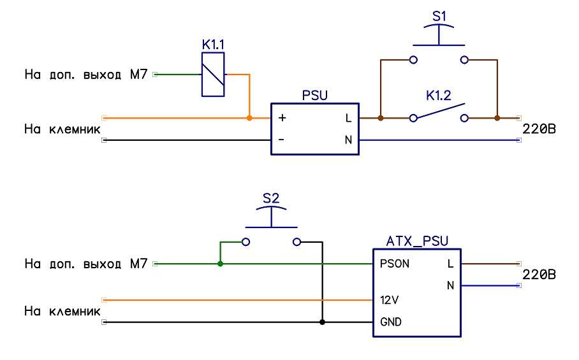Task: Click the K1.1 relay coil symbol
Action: click(x=212, y=75)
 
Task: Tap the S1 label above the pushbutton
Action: click(x=439, y=17)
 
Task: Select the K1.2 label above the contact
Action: click(x=438, y=97)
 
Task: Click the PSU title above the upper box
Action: click(x=315, y=96)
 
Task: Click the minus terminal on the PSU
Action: click(x=282, y=140)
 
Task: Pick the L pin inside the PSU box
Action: click(x=348, y=118)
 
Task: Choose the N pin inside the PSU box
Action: click(x=348, y=140)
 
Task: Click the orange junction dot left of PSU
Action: click(x=249, y=118)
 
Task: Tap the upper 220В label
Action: click(x=539, y=129)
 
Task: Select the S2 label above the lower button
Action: click(x=271, y=198)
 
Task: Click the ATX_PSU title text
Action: click(x=417, y=241)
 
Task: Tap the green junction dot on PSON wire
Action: click(x=220, y=264)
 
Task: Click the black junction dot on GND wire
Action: click(x=322, y=322)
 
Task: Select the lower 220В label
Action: click(x=539, y=275)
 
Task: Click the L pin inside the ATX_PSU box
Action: click(x=450, y=264)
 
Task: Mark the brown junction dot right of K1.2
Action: click(x=497, y=118)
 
